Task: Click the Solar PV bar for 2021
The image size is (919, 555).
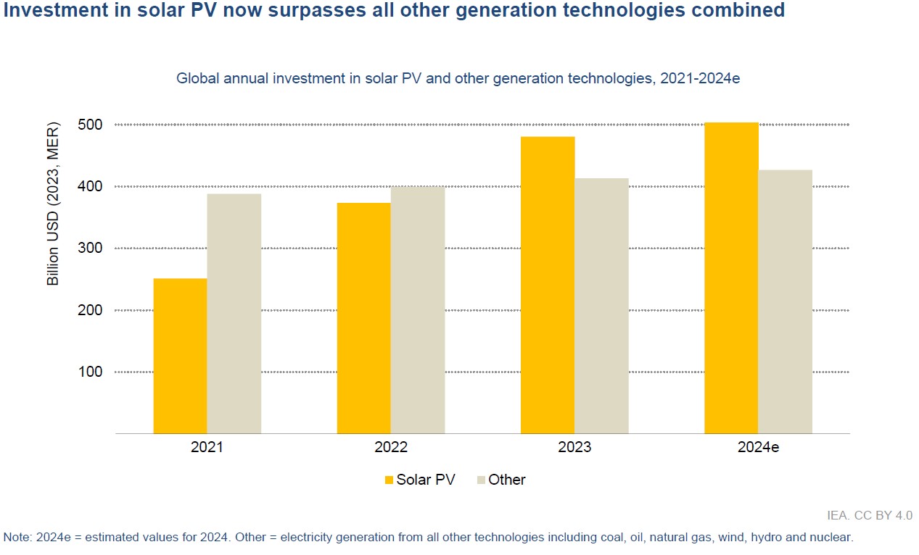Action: [x=180, y=356]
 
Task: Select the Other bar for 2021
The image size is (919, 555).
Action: [x=234, y=314]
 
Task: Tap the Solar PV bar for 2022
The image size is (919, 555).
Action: [x=363, y=318]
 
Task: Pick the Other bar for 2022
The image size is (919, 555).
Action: [x=417, y=310]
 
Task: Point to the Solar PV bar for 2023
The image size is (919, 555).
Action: [x=548, y=285]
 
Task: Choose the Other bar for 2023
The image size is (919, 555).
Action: [x=601, y=306]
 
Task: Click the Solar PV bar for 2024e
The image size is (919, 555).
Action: [x=731, y=277]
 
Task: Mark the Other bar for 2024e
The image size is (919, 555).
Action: [x=785, y=301]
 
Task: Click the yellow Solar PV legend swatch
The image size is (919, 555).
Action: [x=389, y=480]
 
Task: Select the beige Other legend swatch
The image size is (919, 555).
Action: [x=481, y=480]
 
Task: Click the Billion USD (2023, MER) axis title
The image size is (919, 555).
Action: [x=53, y=203]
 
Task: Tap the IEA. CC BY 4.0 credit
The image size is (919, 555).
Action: [x=870, y=516]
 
